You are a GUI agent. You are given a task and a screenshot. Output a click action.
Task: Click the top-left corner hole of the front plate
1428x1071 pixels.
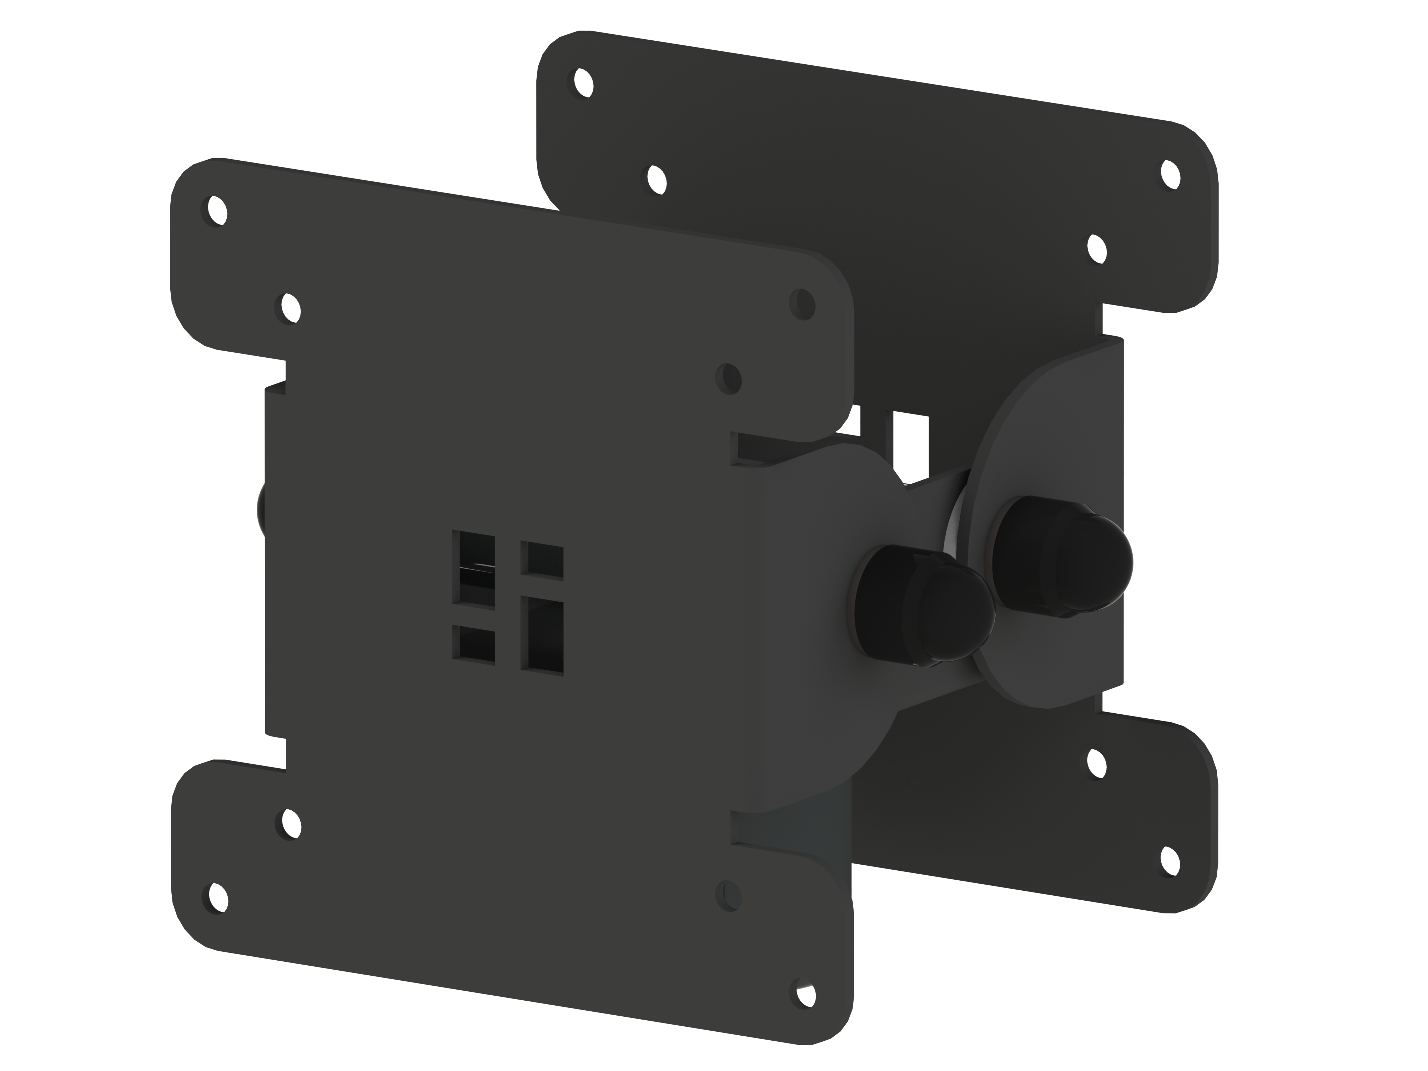click(x=215, y=210)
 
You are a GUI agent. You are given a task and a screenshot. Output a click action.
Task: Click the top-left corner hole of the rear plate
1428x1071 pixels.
click(x=583, y=82)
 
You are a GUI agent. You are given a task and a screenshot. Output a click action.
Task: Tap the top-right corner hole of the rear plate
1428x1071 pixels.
click(x=1170, y=174)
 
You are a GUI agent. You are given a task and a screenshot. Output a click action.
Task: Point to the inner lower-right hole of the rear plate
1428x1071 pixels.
click(x=1096, y=764)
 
